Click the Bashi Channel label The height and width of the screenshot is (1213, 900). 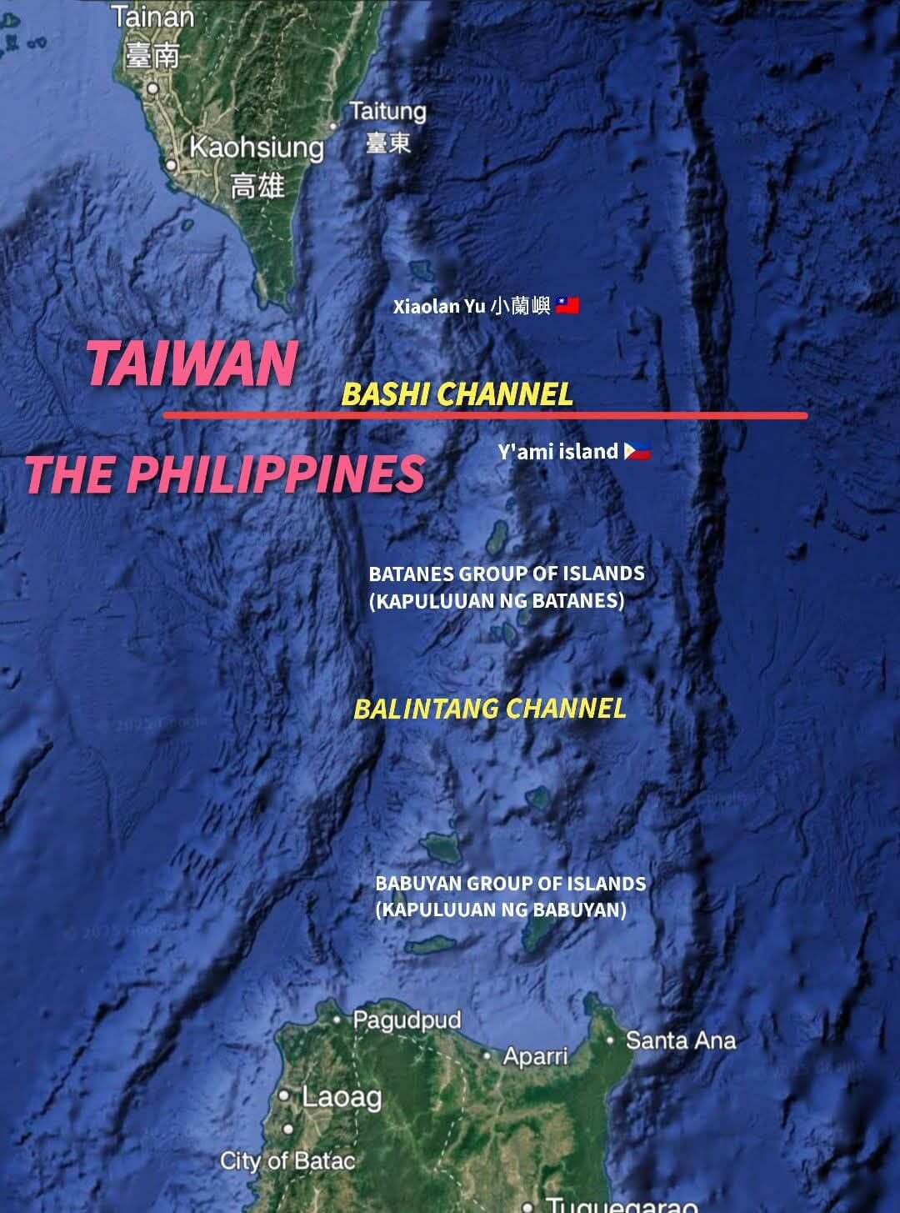457,393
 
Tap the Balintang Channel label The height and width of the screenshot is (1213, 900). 489,709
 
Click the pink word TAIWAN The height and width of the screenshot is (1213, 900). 192,363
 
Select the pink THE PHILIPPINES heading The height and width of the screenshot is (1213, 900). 224,474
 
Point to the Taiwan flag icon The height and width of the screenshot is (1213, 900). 567,306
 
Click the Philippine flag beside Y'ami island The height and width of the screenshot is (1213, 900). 637,452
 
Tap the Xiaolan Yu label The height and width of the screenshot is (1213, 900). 472,307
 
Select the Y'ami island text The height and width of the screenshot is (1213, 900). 557,452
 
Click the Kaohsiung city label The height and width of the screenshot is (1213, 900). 257,148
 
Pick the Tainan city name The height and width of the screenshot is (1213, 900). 152,17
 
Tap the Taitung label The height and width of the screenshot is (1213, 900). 387,112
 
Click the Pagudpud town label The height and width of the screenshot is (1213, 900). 407,1020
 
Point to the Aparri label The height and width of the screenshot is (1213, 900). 535,1056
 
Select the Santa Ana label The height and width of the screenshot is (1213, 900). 681,1040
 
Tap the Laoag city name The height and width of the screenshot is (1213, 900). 342,1097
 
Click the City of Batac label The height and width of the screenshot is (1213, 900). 287,1160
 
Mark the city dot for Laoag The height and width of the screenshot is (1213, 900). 285,1095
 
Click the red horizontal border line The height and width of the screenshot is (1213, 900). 485,415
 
